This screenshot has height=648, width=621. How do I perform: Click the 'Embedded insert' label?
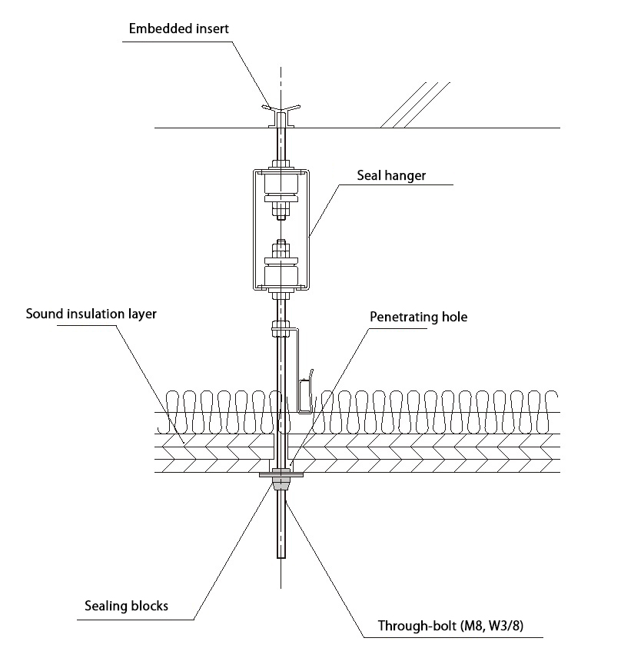click(x=179, y=29)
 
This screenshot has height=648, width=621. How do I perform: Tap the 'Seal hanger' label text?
click(x=390, y=175)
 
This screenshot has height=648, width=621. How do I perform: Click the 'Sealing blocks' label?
click(x=126, y=606)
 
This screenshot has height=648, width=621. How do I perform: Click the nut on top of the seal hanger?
click(x=281, y=164)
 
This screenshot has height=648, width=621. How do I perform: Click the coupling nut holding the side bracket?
click(x=280, y=331)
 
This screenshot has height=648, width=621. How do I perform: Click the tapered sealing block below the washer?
click(x=281, y=484)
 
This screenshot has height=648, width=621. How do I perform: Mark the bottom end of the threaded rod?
click(x=281, y=560)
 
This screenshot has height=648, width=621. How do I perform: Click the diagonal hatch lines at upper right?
click(x=415, y=104)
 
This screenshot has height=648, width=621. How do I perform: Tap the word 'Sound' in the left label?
click(x=44, y=314)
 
